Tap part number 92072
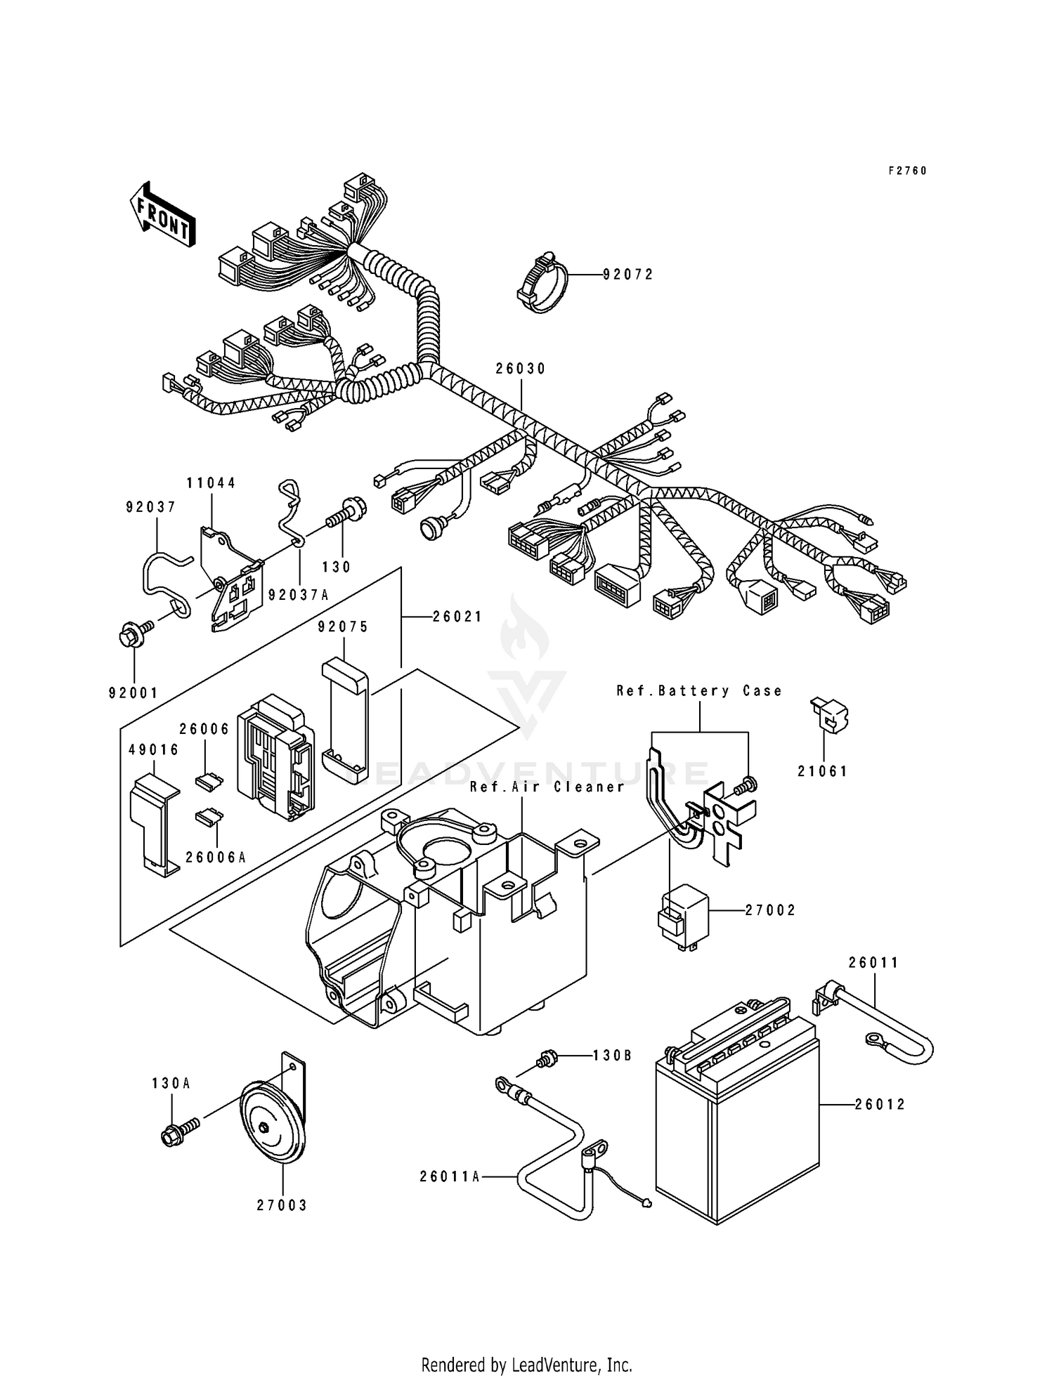(x=628, y=275)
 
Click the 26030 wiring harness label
(x=521, y=369)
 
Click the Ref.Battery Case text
(x=699, y=691)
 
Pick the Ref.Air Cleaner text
(x=547, y=787)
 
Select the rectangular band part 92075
(x=344, y=720)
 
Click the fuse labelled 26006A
(x=208, y=816)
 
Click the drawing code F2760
(x=908, y=171)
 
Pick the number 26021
(x=457, y=617)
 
